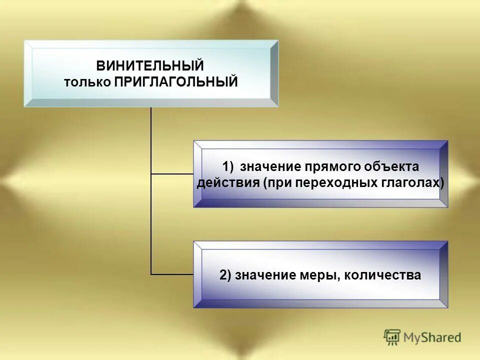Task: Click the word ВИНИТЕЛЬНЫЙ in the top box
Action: click(150, 65)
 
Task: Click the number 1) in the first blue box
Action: click(228, 166)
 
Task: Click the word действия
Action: click(227, 182)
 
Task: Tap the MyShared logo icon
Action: click(392, 337)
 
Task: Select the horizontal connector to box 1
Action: click(172, 174)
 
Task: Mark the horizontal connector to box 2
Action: click(172, 274)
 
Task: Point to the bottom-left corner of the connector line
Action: click(151, 274)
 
